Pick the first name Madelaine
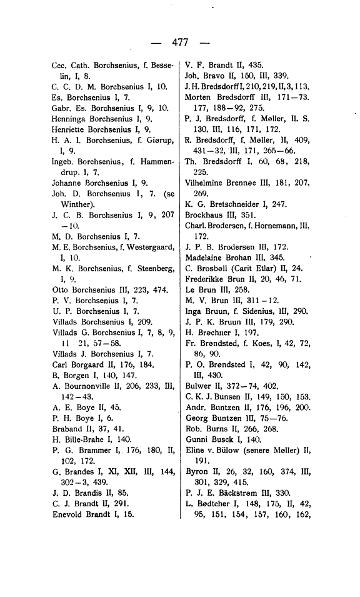[x=207, y=257]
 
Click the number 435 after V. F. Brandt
[x=257, y=65]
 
